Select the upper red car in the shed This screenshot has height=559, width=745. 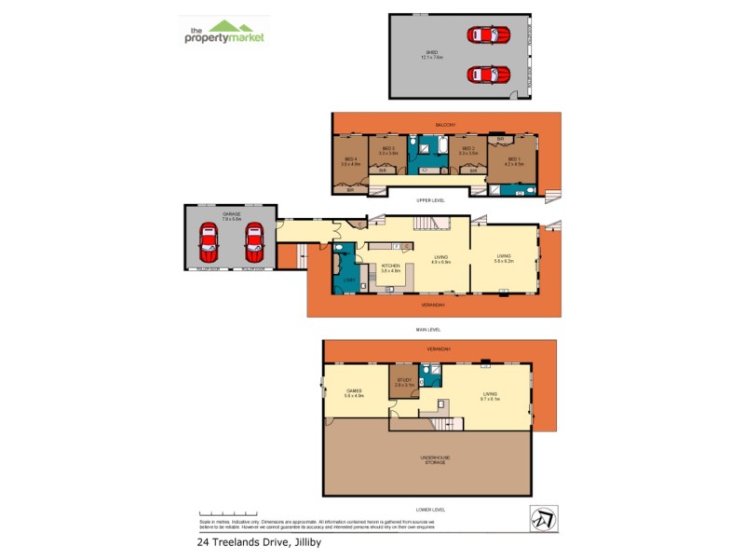pyautogui.click(x=489, y=35)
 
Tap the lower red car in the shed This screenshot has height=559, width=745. pyautogui.click(x=489, y=73)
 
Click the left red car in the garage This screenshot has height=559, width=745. pyautogui.click(x=210, y=243)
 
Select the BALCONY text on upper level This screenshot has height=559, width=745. pyautogui.click(x=445, y=124)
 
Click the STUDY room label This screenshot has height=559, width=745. pyautogui.click(x=403, y=382)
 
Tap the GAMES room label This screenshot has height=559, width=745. pyautogui.click(x=354, y=392)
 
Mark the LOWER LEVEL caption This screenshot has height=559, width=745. pyautogui.click(x=430, y=510)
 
